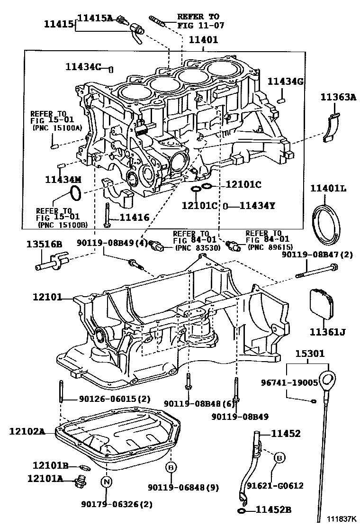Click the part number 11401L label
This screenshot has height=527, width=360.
click(x=328, y=189)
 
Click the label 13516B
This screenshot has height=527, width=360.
click(x=44, y=245)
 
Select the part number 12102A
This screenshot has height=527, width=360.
click(x=27, y=431)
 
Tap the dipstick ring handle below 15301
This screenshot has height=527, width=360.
click(x=328, y=380)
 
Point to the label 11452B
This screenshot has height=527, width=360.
click(x=273, y=510)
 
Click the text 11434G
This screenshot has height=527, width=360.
click(x=285, y=81)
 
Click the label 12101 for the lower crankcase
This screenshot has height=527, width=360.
click(x=47, y=298)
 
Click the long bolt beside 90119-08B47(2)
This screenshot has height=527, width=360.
click(x=317, y=271)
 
